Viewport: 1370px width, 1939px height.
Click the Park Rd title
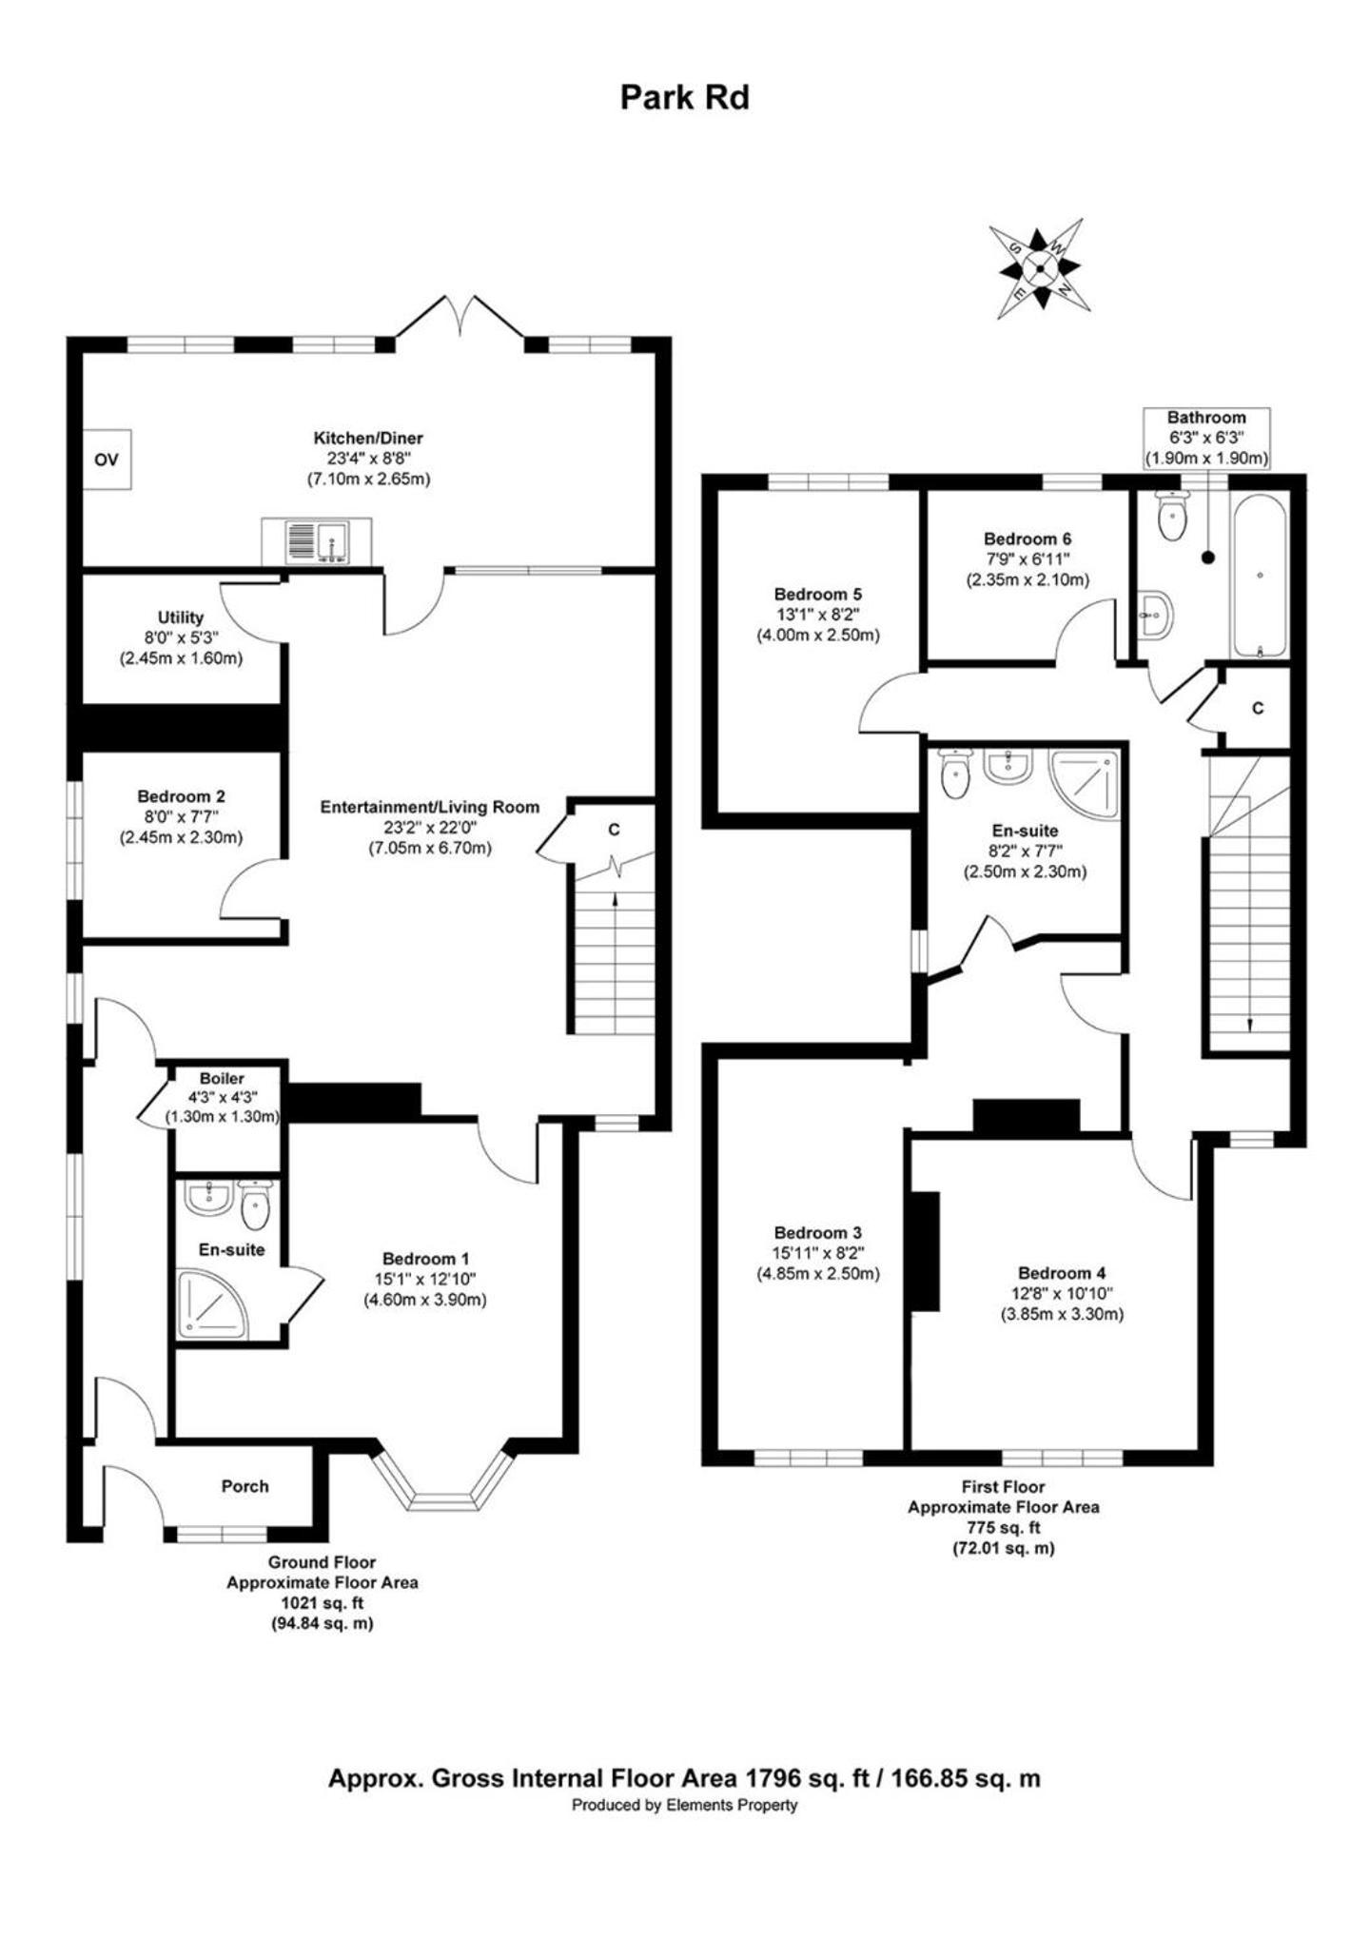click(684, 97)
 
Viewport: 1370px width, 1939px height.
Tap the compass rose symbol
click(1039, 267)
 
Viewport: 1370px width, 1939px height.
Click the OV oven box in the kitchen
click(106, 460)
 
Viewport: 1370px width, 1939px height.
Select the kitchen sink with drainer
click(316, 541)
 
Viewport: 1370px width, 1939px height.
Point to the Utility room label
click(181, 617)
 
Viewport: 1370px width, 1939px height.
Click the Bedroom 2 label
click(181, 796)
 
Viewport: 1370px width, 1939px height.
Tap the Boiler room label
click(222, 1079)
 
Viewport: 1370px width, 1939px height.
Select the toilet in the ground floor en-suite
click(256, 1205)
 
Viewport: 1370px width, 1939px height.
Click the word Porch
click(245, 1486)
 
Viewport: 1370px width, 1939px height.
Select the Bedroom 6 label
click(1027, 539)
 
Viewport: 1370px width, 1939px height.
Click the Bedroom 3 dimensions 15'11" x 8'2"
click(818, 1253)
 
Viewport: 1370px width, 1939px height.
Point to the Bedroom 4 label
click(1062, 1273)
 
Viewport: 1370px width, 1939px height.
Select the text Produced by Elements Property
click(684, 1805)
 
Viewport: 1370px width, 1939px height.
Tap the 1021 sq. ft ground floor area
click(322, 1603)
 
